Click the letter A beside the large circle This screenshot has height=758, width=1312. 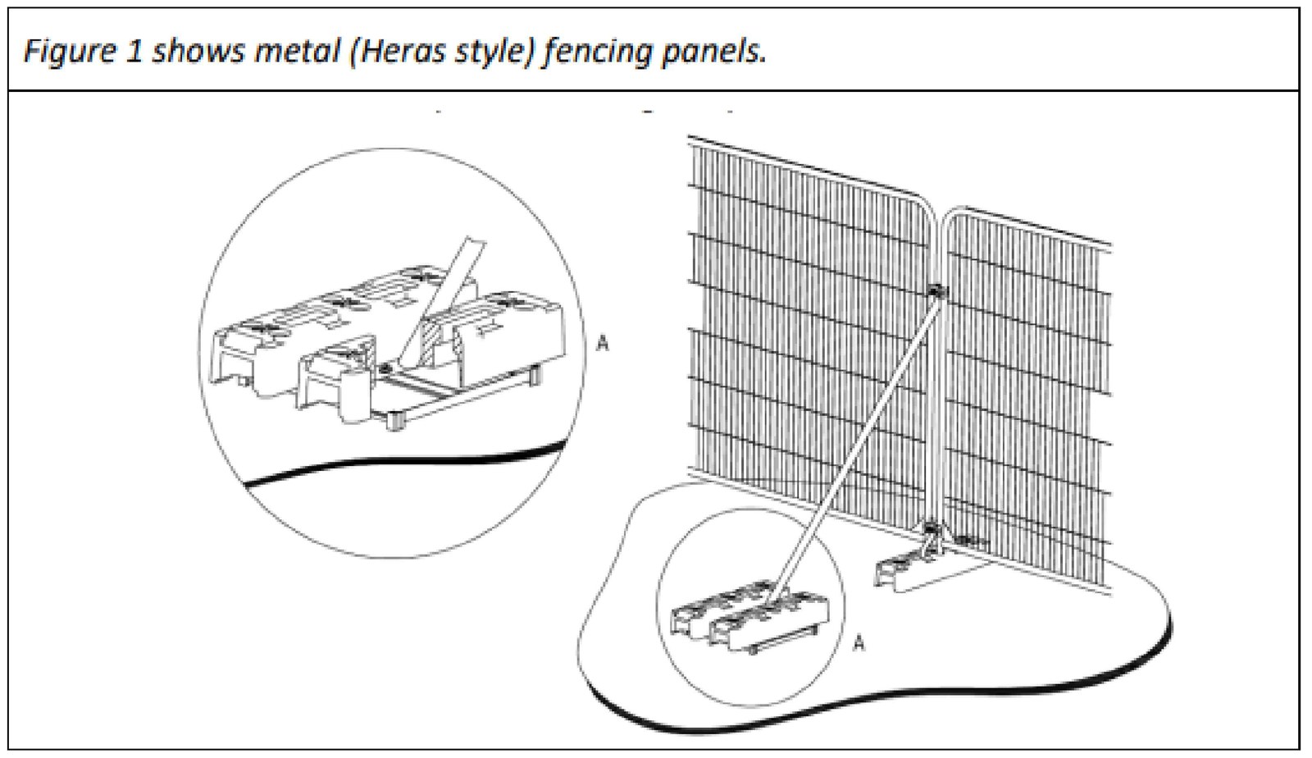[603, 343]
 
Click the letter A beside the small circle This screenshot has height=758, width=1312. [859, 643]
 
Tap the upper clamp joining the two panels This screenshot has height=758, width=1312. [935, 290]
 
